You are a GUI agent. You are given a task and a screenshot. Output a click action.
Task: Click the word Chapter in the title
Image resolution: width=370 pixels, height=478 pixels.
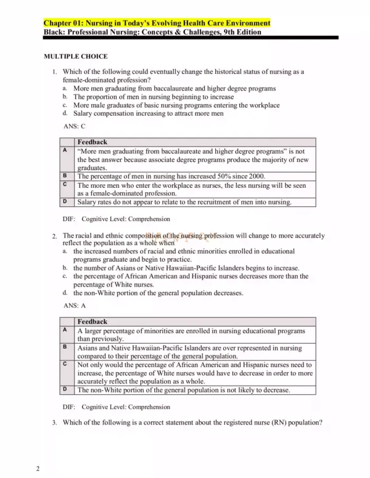point(59,23)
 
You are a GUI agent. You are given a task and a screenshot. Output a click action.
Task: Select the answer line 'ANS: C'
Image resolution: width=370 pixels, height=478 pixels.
point(75,126)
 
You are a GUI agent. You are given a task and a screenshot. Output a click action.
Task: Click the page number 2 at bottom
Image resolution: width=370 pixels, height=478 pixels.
point(38,469)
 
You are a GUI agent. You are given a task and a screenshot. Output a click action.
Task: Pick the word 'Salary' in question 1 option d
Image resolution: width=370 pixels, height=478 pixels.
point(84,113)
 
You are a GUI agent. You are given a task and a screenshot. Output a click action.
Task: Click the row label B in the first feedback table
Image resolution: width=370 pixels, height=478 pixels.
point(65,175)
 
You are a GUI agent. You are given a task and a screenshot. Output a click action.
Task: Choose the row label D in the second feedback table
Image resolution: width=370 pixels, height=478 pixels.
point(65,389)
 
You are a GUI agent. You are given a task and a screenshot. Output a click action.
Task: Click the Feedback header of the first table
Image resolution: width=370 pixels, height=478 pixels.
point(92,142)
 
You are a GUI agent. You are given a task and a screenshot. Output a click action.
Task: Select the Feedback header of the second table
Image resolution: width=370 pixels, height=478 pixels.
point(92,322)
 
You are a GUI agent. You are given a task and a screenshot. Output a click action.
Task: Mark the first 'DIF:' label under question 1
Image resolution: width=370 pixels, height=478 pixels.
point(70,219)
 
